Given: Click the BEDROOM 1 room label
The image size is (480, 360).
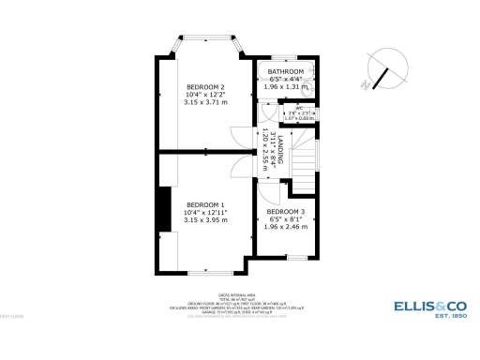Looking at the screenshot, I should coord(204,204).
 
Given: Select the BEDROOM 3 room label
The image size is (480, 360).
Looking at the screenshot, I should coord(285,212).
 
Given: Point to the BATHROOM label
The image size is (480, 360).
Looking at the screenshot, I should coord(286,72).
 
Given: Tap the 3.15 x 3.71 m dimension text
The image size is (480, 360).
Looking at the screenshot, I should coord(204,102).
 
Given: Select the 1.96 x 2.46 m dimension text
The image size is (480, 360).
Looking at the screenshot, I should coord(285,227).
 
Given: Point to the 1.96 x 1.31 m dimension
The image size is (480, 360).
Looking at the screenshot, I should coord(286,87).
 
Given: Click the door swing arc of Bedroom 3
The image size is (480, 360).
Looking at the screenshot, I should coord(269,195).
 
